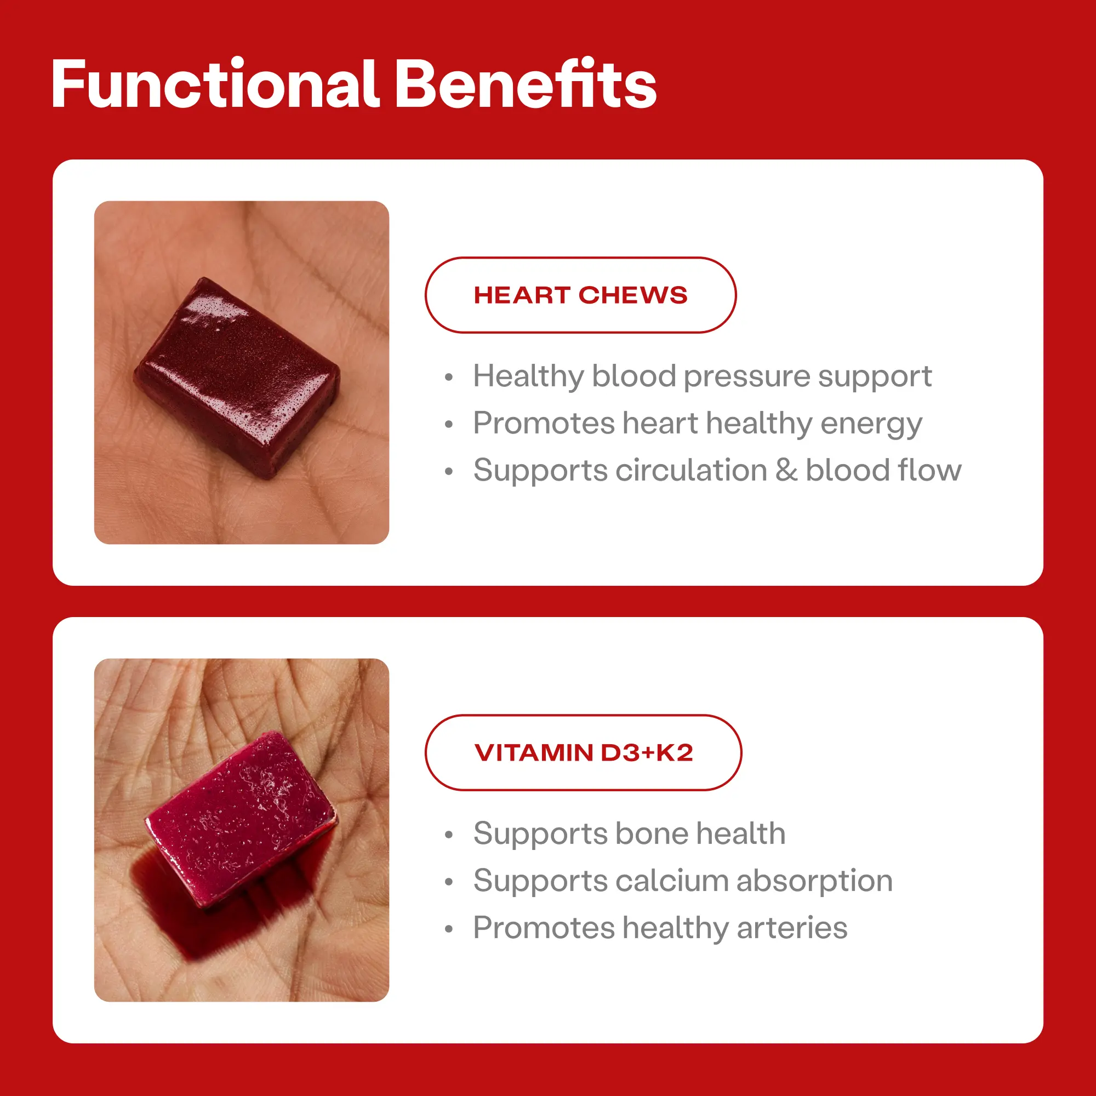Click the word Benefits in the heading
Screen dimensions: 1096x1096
pos(526,84)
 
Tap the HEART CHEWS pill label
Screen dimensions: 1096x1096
pos(580,295)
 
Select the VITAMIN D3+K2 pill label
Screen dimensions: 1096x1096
pos(583,752)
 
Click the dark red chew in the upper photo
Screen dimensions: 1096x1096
pos(237,376)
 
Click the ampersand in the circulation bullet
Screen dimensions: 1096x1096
pos(786,470)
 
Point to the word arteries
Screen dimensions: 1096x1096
pos(792,928)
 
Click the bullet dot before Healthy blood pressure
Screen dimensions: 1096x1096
pos(449,377)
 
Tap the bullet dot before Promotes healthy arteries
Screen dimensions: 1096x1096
pos(449,929)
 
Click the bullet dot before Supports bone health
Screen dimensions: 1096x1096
pos(449,835)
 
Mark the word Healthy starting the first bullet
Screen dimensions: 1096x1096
pos(529,377)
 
